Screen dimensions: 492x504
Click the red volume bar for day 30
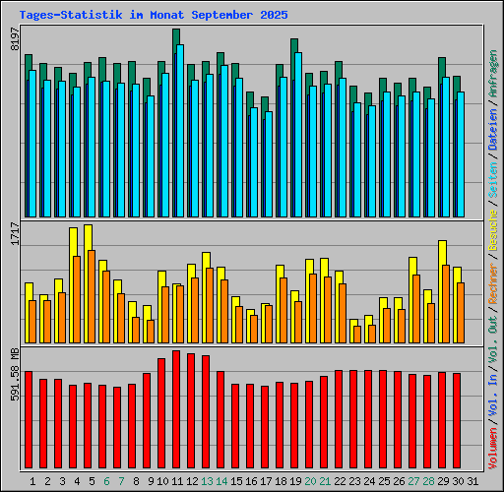click(457, 422)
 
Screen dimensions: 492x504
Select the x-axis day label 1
click(32, 481)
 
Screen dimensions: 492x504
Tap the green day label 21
click(324, 481)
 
